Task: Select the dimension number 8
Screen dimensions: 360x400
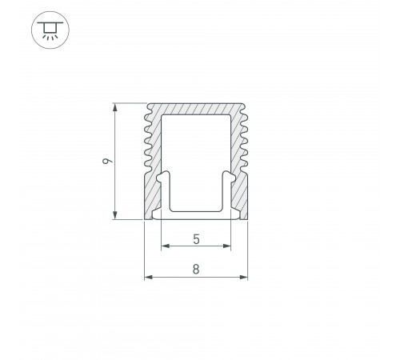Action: [196, 270]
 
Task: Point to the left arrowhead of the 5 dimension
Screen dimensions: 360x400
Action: [165, 246]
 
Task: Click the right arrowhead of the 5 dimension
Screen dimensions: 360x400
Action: [227, 246]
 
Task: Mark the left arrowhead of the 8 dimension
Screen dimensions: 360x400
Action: [147, 278]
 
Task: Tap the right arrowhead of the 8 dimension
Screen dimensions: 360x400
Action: [244, 278]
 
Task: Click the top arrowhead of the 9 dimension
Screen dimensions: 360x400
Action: [117, 106]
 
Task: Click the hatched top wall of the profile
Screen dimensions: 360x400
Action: [196, 108]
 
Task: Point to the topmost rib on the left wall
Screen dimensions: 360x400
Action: [147, 113]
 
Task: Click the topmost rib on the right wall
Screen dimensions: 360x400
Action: [245, 113]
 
